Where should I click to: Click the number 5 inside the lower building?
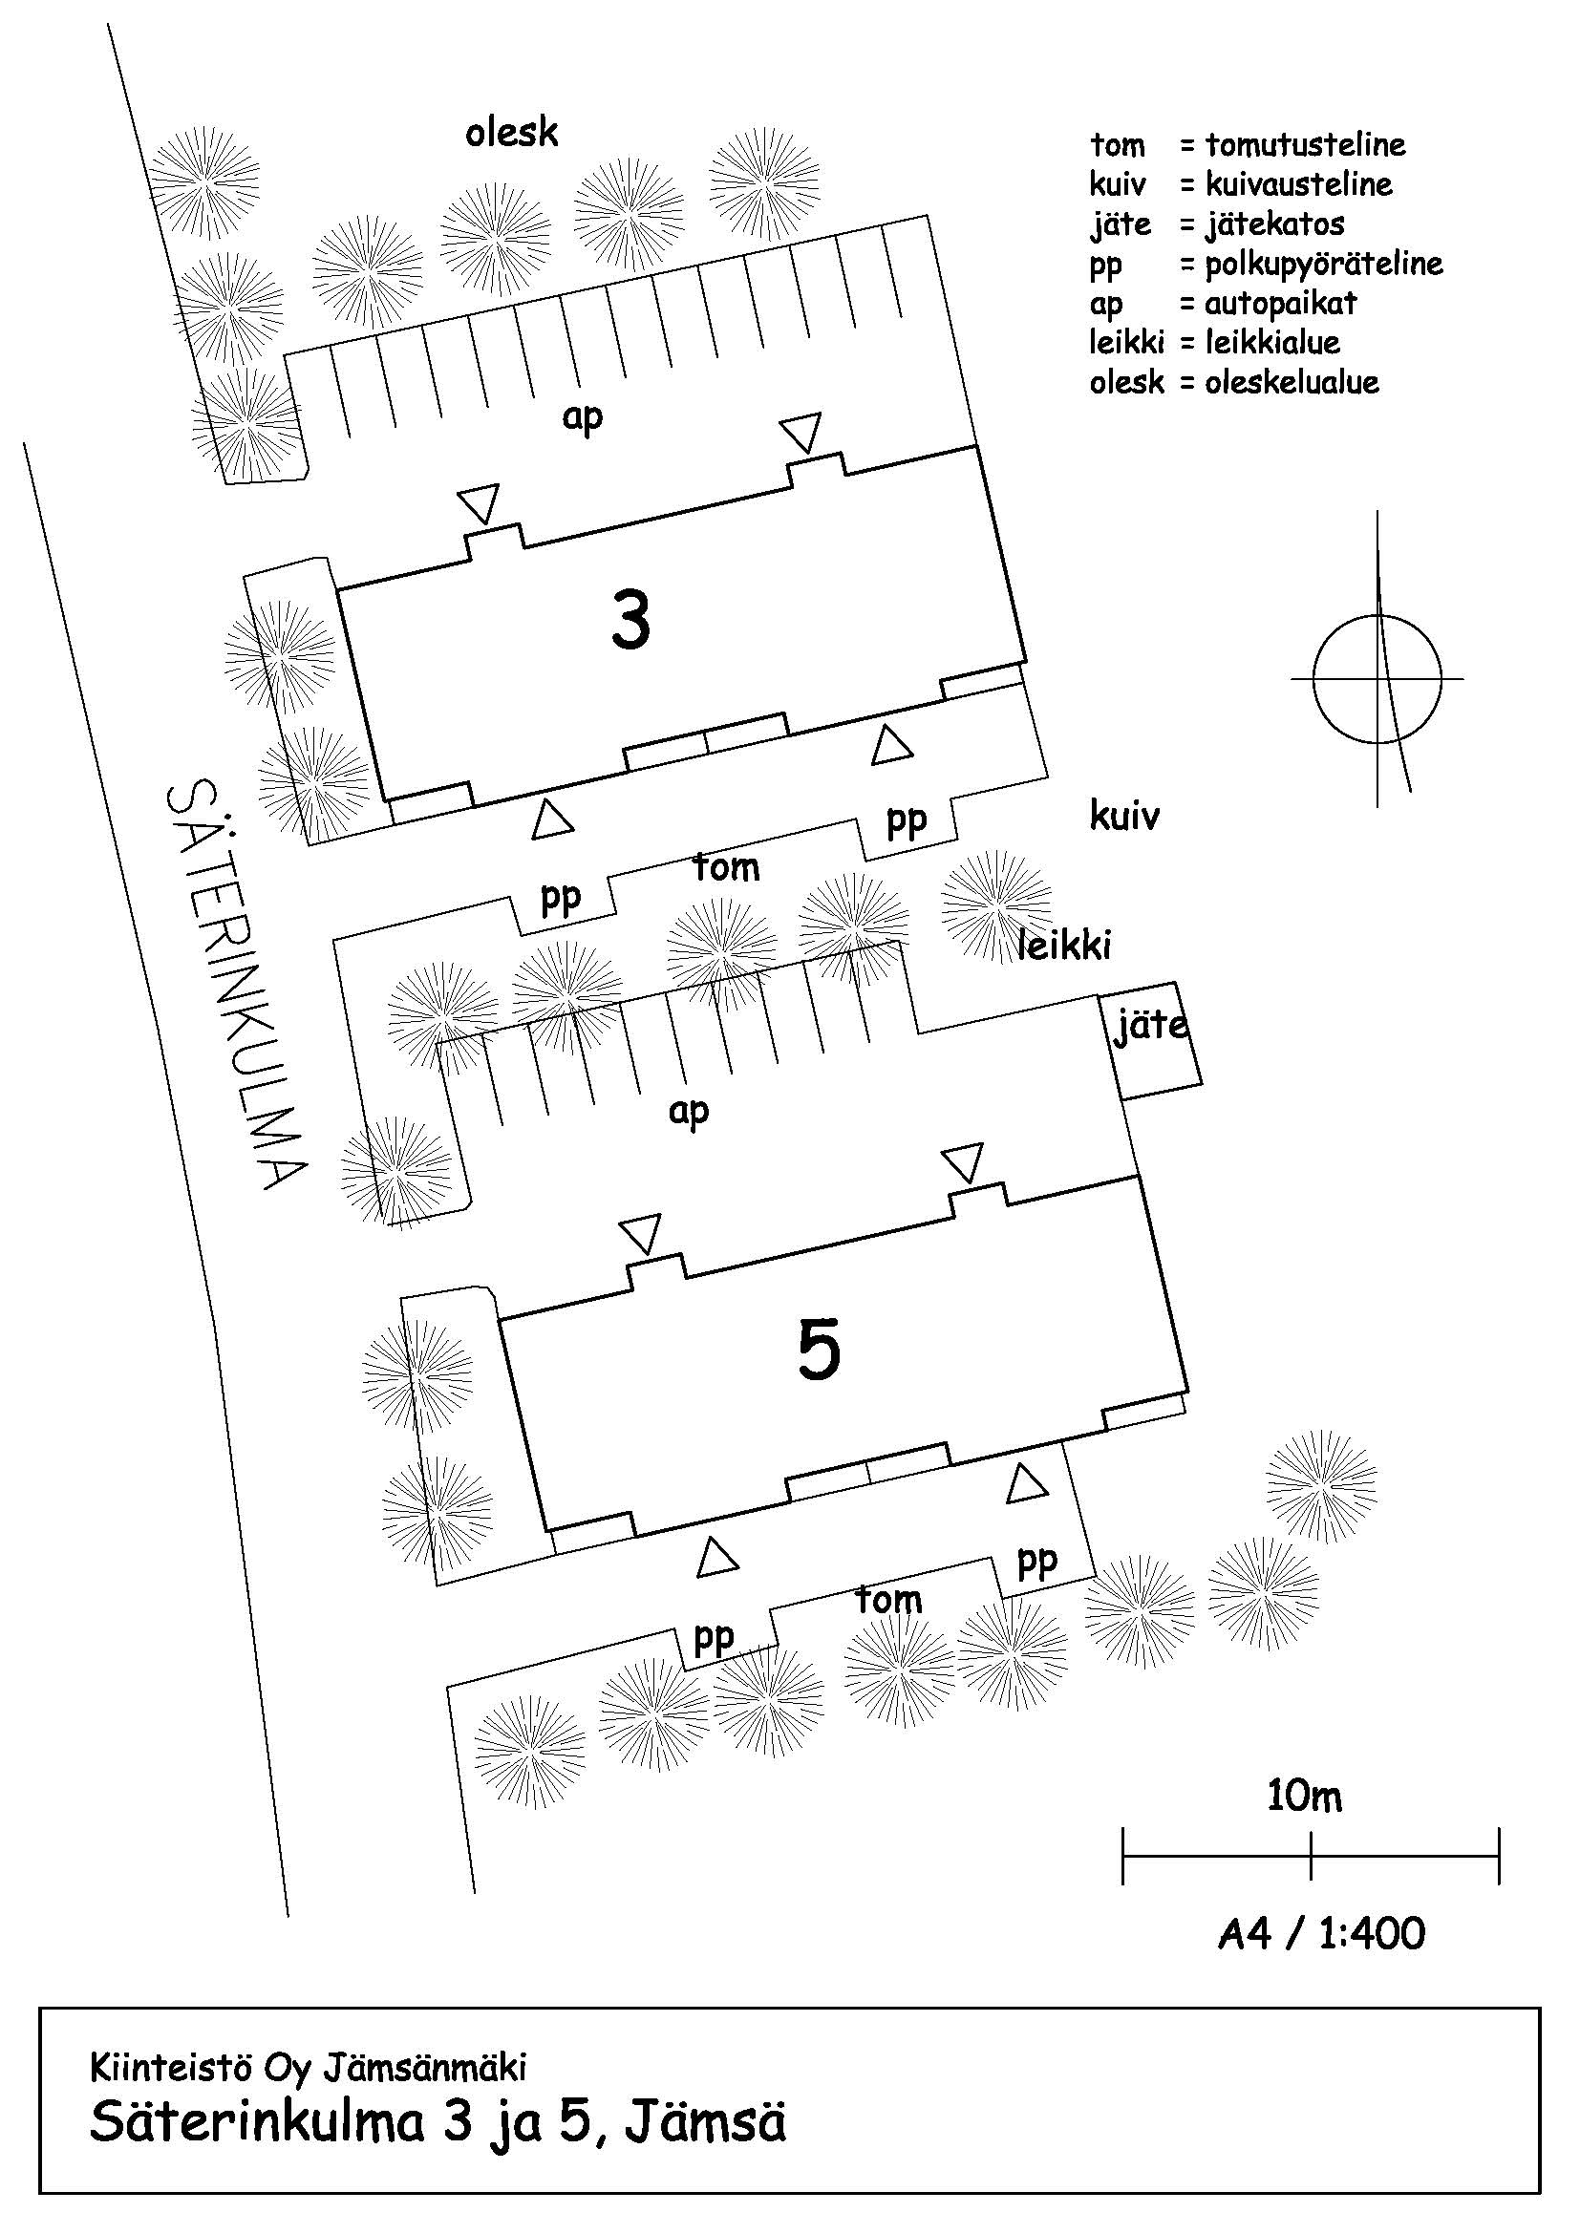(819, 1351)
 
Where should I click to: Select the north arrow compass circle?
(1377, 679)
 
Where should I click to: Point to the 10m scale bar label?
(1304, 1796)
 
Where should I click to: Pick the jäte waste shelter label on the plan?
(1151, 1027)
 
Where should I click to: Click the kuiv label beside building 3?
(1123, 816)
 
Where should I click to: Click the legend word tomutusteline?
(1305, 145)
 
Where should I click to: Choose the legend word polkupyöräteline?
(1323, 264)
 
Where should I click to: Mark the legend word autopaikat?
(1280, 304)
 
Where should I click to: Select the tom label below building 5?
(888, 1600)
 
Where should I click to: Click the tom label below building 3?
(726, 867)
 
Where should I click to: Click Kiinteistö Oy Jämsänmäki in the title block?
(309, 2068)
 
